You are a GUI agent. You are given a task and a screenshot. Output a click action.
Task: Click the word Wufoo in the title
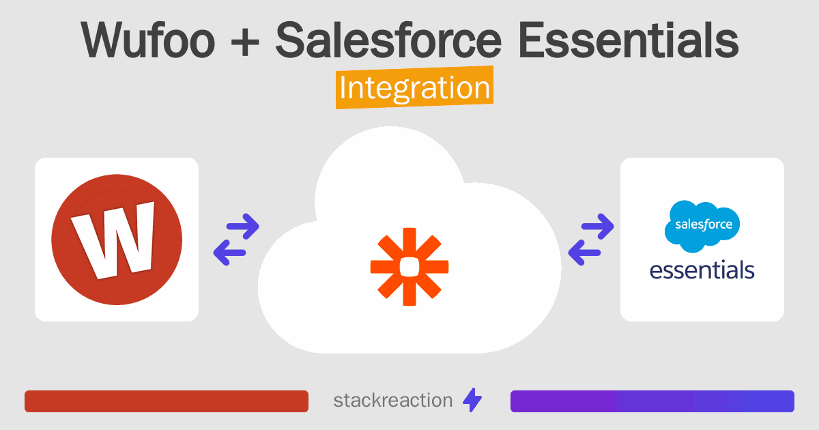(147, 40)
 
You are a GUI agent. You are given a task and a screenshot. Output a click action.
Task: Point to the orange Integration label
(414, 89)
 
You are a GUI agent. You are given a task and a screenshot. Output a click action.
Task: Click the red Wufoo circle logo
(117, 240)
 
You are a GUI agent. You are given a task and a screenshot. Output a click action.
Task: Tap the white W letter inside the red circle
(115, 240)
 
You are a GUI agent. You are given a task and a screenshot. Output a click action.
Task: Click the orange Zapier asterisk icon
(409, 266)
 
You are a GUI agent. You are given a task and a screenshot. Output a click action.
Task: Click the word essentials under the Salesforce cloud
(702, 270)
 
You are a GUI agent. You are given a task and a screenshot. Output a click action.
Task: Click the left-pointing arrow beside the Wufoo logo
(229, 253)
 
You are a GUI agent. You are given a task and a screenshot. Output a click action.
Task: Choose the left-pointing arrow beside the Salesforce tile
(584, 253)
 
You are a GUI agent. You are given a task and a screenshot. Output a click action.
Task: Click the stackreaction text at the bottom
(392, 401)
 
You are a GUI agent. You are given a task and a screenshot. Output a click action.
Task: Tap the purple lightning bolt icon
(472, 401)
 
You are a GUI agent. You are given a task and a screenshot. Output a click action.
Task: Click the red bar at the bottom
(167, 401)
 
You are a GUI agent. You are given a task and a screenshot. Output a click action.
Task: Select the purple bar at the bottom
(652, 401)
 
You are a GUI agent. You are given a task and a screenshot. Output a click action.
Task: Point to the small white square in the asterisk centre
(409, 266)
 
